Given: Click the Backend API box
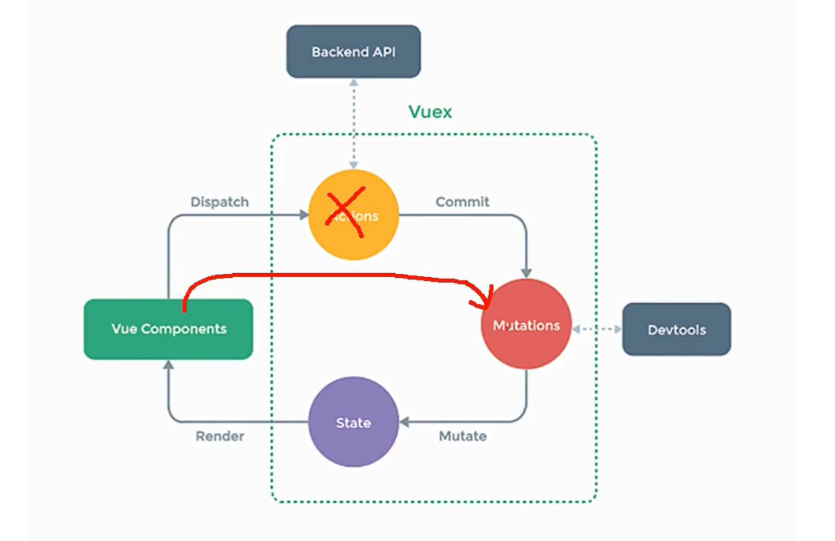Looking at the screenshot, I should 353,52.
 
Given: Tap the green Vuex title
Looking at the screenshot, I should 429,111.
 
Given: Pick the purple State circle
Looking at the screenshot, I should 353,422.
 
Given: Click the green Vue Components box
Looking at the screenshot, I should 168,329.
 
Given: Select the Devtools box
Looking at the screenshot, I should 676,330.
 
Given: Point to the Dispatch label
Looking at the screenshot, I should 219,202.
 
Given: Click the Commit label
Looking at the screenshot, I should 462,202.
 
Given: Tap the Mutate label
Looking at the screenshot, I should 463,436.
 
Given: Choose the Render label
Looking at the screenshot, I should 219,436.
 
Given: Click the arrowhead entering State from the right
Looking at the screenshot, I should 404,422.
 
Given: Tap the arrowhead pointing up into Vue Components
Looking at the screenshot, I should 168,365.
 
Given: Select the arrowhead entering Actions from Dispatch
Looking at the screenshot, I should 304,215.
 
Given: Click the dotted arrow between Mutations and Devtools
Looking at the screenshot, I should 596,329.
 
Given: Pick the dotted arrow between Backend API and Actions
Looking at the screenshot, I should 353,123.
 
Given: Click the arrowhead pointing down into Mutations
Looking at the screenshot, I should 526,272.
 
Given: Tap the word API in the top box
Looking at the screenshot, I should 382,52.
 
